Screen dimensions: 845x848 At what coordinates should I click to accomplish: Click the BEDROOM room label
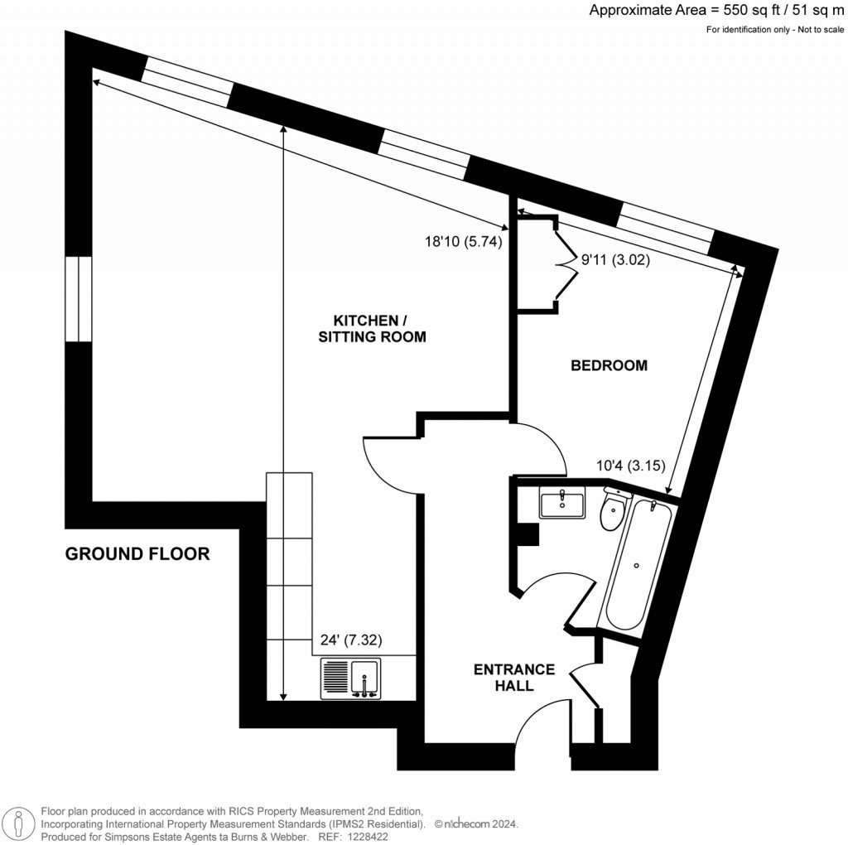click(x=609, y=365)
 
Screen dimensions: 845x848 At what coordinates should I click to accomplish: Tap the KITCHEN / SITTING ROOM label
click(x=379, y=329)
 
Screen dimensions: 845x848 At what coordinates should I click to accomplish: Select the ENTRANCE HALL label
click(x=513, y=678)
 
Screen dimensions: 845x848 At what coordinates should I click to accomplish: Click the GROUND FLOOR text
click(x=137, y=554)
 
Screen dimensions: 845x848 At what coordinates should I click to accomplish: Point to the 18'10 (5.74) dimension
click(x=463, y=242)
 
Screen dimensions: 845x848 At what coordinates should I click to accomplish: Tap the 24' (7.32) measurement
click(x=351, y=640)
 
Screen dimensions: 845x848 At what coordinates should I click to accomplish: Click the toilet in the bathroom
click(x=613, y=509)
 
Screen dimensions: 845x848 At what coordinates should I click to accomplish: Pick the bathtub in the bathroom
click(x=637, y=566)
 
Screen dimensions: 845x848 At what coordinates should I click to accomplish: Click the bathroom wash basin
click(x=561, y=502)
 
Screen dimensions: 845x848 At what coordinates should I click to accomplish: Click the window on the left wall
click(x=78, y=299)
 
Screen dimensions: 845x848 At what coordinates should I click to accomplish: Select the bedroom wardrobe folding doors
click(x=566, y=263)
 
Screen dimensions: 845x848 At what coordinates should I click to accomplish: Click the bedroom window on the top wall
click(x=665, y=229)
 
